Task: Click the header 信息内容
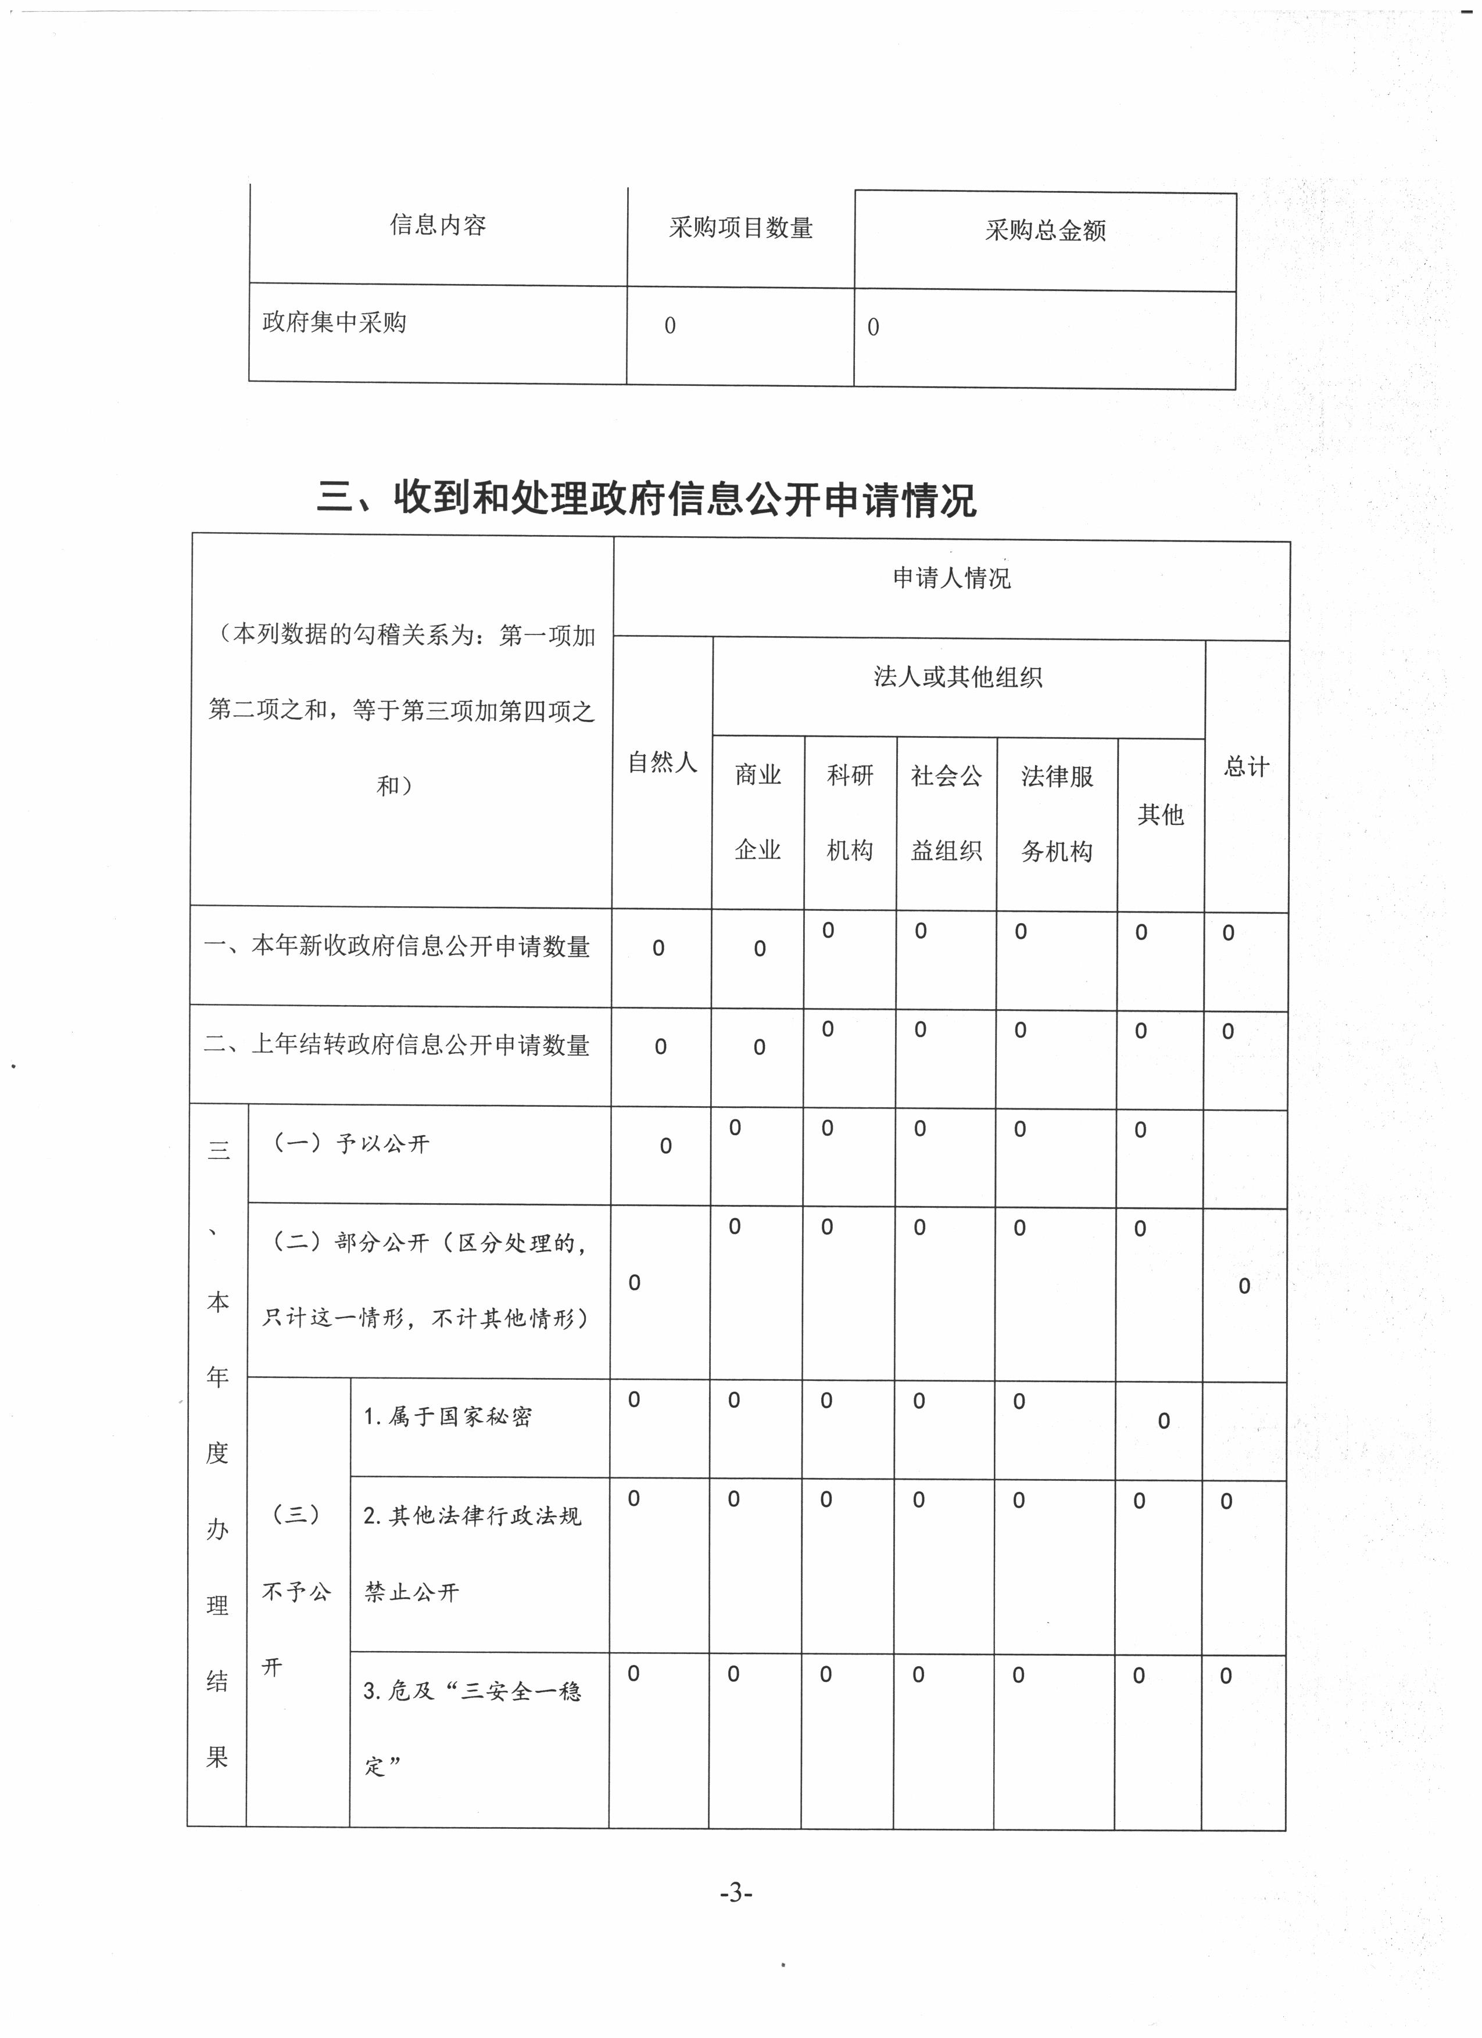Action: [x=438, y=225]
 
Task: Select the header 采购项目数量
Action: [x=740, y=228]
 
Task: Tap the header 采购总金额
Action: [x=1045, y=231]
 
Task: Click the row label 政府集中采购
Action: [x=334, y=322]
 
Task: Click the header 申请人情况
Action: [x=952, y=578]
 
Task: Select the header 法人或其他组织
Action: [x=958, y=677]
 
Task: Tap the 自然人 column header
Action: [x=663, y=762]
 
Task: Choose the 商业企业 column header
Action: [x=758, y=812]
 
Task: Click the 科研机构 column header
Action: [x=849, y=812]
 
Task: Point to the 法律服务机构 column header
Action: [x=1057, y=813]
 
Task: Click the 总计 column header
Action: [x=1247, y=766]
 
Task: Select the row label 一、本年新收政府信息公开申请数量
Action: [x=398, y=946]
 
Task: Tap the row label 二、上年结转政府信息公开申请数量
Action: [x=398, y=1044]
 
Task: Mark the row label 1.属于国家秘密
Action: [x=448, y=1416]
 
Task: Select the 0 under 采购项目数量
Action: [x=670, y=326]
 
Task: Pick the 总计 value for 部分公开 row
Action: [x=1244, y=1286]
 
